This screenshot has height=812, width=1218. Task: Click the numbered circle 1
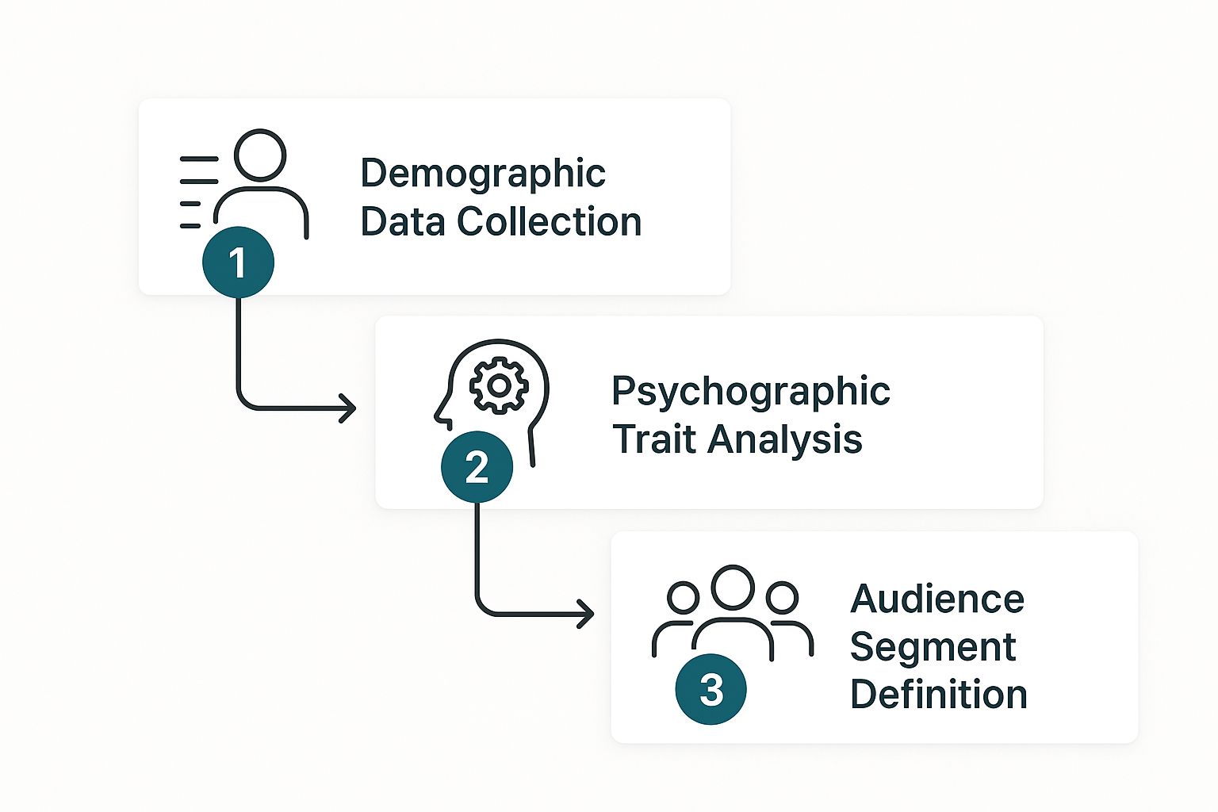238,262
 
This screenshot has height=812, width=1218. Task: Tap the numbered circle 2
477,466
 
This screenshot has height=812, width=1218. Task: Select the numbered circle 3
710,688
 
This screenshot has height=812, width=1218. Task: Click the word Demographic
483,174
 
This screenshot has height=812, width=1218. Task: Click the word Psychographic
750,392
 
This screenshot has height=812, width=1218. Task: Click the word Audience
936,599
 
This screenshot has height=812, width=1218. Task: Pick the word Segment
932,647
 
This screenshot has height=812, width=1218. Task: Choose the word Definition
938,695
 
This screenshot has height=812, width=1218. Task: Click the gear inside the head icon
499,385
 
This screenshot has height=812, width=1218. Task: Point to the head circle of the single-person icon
260,155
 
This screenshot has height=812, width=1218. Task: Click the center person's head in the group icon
732,588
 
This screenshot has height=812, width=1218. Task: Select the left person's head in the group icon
683,598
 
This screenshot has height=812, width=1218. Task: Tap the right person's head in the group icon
782,598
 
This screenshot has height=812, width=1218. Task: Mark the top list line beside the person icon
199,159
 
